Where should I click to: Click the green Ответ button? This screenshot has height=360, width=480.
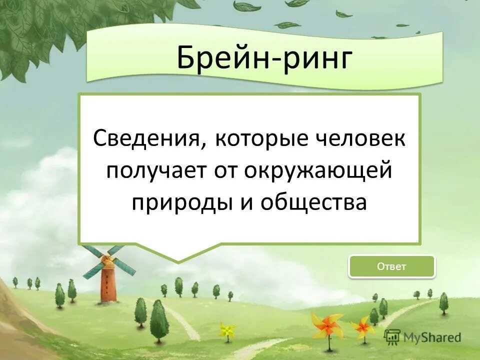(x=391, y=266)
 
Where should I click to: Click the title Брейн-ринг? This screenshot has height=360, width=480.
(x=264, y=58)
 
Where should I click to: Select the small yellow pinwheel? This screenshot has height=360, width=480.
(x=227, y=330)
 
